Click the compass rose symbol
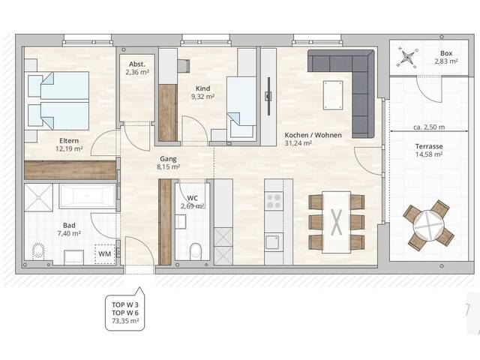pos(406,57)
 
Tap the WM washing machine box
pos(105,254)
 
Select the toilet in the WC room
pos(195,251)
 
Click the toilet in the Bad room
pos(38,251)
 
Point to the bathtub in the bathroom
pos(87,196)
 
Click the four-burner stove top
pos(274,200)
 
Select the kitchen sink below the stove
pos(272,242)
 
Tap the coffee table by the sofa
pos(333,95)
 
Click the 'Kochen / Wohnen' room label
pos(313,135)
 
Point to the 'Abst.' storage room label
pos(137,64)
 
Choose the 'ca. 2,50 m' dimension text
pos(429,127)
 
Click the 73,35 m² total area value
pos(125,321)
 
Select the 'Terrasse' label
pos(428,146)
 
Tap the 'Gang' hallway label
pos(168,159)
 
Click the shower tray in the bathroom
pos(38,197)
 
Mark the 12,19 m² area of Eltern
pos(69,149)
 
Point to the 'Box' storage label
pos(446,53)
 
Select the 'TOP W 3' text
pos(125,305)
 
